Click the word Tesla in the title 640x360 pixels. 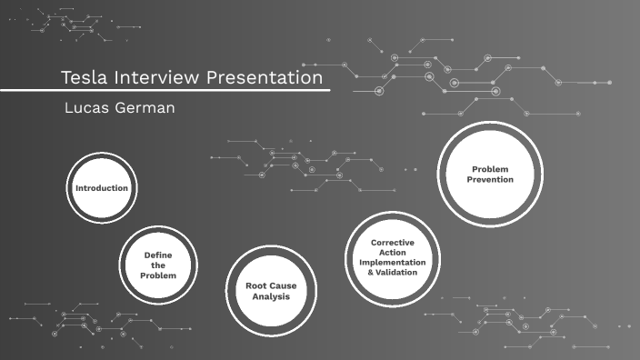(83, 78)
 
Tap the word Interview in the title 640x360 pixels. (154, 78)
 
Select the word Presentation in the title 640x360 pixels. (264, 78)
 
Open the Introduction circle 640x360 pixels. (101, 188)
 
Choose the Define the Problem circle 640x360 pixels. (158, 265)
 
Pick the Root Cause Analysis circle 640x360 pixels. (271, 291)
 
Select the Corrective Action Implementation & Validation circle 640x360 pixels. (393, 257)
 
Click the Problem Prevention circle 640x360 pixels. (490, 174)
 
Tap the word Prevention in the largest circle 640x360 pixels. (491, 180)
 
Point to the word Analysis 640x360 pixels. (271, 296)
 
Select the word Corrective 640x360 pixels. (393, 242)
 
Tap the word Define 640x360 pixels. (158, 255)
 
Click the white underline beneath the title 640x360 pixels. (164, 90)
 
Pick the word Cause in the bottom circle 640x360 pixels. (284, 285)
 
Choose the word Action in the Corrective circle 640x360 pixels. (393, 252)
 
